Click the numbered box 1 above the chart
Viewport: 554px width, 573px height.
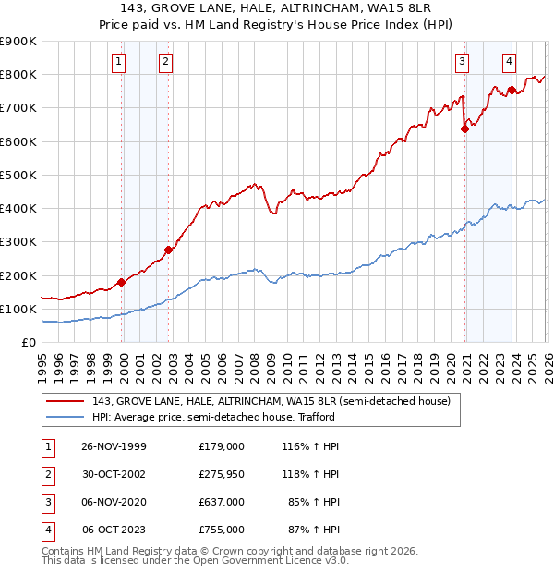point(119,62)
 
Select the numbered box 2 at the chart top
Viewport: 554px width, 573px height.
point(164,62)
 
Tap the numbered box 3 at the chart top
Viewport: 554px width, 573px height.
point(462,62)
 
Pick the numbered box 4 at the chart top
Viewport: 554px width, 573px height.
point(509,62)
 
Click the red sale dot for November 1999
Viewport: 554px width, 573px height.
point(121,283)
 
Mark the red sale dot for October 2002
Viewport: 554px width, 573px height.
point(169,250)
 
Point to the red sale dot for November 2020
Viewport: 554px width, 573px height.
point(464,129)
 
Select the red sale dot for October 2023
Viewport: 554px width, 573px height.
point(512,90)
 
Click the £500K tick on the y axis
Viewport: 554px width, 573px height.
point(18,175)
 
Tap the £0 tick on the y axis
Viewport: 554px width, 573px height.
point(30,342)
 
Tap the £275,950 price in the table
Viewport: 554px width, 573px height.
point(222,473)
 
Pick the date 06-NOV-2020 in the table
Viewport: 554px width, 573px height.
point(114,502)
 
